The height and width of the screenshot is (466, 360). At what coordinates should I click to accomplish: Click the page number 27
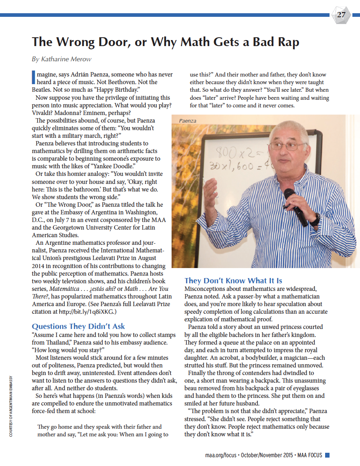(341, 15)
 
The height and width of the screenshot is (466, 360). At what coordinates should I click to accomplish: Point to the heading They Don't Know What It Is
(233, 280)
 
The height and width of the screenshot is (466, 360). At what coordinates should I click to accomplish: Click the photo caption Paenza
(187, 120)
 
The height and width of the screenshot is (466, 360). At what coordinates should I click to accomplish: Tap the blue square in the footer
(327, 455)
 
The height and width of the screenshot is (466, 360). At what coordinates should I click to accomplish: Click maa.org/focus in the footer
(220, 455)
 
